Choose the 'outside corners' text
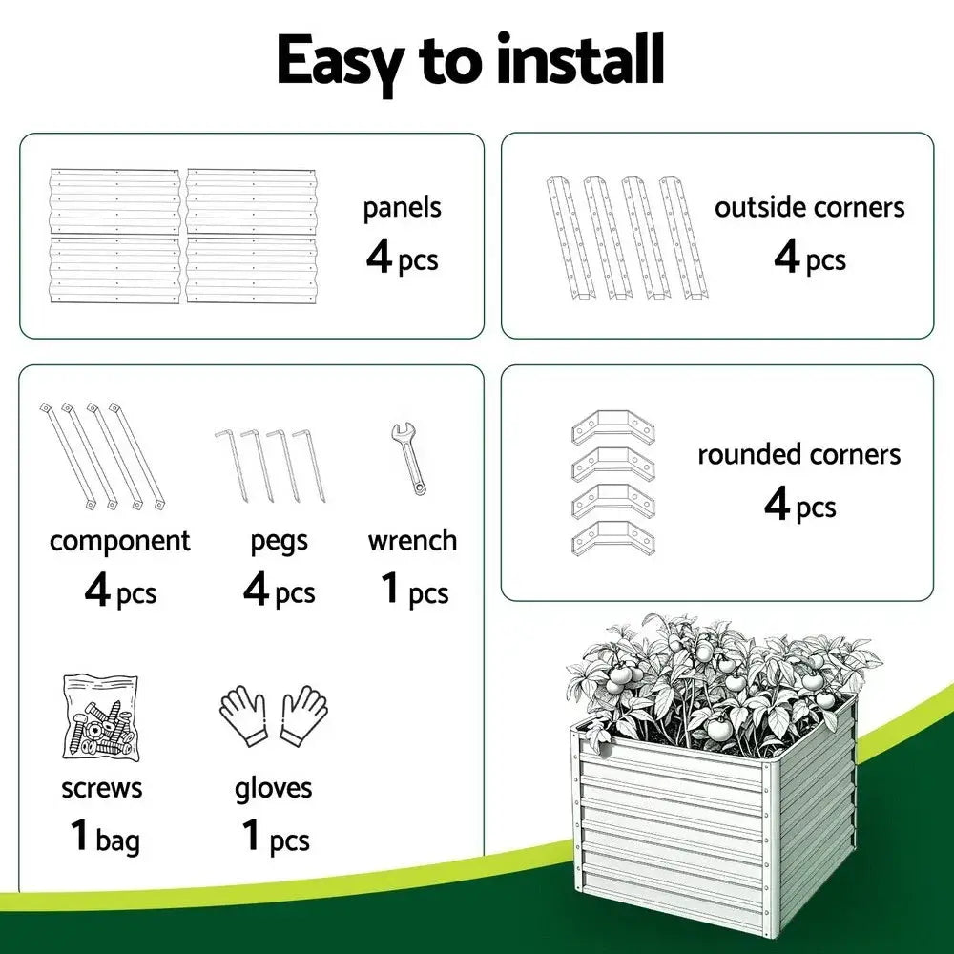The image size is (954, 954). point(810,207)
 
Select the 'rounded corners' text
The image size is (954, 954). point(798,454)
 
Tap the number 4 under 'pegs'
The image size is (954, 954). point(257,591)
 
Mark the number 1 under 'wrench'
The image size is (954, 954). point(390,589)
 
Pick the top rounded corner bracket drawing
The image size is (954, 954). point(613,426)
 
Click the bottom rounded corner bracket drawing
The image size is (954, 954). point(613,540)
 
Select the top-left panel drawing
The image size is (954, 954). point(115,202)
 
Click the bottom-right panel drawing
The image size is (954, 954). point(252,270)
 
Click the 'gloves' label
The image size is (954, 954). point(274,788)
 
